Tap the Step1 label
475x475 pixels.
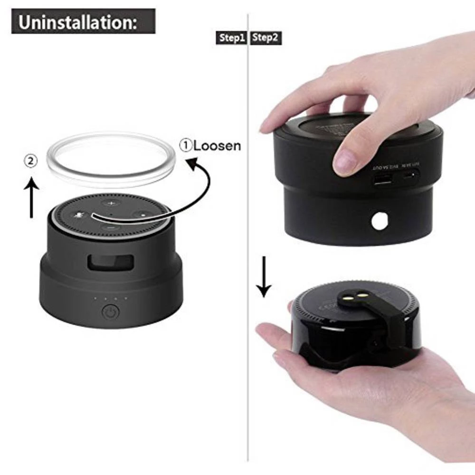coord(232,38)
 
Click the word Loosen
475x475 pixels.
coord(217,145)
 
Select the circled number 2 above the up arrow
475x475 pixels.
coord(31,161)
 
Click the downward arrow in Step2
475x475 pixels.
coord(264,280)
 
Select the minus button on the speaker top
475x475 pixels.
coord(110,228)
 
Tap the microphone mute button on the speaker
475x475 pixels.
coord(77,215)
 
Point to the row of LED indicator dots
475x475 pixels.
coord(111,299)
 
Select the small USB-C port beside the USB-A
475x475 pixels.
coord(411,176)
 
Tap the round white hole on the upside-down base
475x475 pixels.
coord(380,220)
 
